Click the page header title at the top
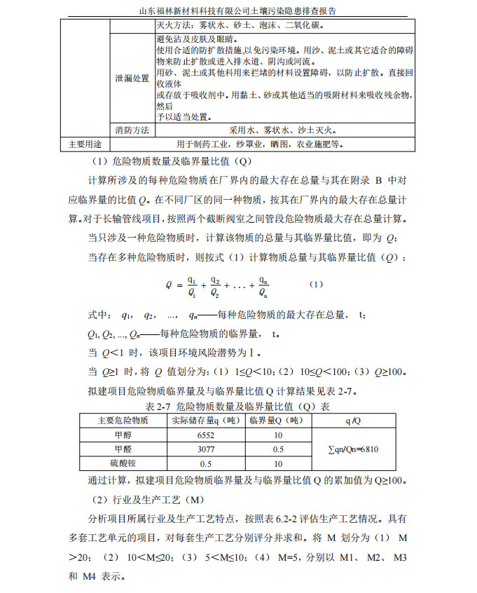pos(238,11)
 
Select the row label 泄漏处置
pos(132,79)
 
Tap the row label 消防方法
pos(132,130)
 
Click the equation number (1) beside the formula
pos(315,285)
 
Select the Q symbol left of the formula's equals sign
pos(169,285)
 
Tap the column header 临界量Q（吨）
pos(277,421)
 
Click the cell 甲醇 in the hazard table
pos(123,435)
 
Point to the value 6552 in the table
pos(205,435)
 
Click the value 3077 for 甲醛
pos(205,449)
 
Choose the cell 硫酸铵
pos(123,463)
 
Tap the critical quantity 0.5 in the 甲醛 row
pos(277,449)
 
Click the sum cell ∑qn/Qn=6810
pos(353,449)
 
